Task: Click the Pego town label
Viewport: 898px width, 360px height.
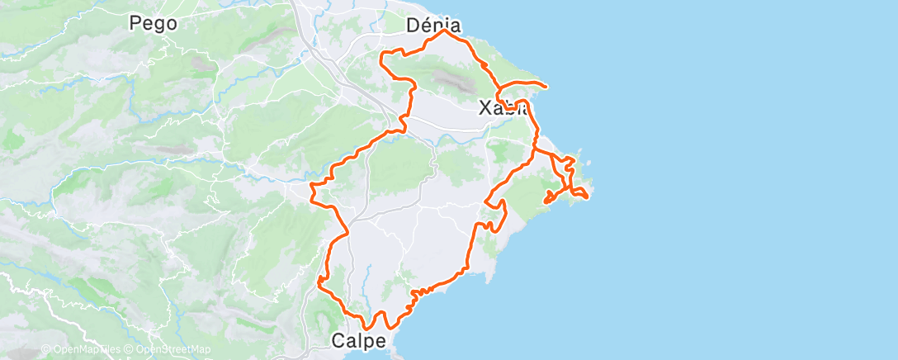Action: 154,23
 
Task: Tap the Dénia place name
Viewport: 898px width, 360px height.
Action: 433,26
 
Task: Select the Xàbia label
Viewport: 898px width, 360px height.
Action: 503,107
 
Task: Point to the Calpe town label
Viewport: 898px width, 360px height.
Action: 358,340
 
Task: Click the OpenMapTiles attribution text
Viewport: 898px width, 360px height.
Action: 86,350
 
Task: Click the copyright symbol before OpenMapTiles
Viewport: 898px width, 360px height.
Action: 46,350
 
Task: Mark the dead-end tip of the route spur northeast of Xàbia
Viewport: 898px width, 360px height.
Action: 546,85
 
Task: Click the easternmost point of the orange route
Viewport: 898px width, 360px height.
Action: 588,196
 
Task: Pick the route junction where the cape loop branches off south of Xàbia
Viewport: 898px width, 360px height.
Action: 535,151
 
